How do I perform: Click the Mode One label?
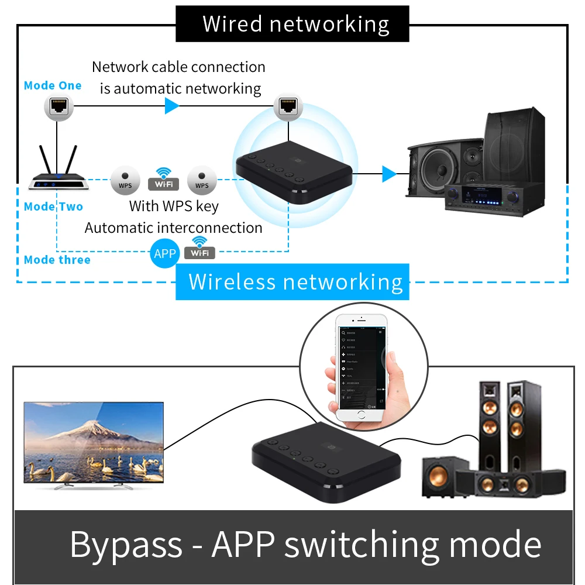(x=53, y=85)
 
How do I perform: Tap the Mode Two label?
(x=53, y=207)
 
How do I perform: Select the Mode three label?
(x=57, y=260)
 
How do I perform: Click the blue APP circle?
(x=164, y=253)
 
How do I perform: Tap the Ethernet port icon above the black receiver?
(x=288, y=106)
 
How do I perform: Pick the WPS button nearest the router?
(x=125, y=180)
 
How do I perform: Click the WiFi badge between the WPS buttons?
(x=163, y=180)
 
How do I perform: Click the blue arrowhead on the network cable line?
(x=171, y=106)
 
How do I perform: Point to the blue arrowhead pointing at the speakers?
(x=389, y=174)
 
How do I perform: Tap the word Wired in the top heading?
(x=232, y=24)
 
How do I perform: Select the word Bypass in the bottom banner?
(x=126, y=545)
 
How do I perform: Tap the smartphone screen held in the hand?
(x=362, y=363)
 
